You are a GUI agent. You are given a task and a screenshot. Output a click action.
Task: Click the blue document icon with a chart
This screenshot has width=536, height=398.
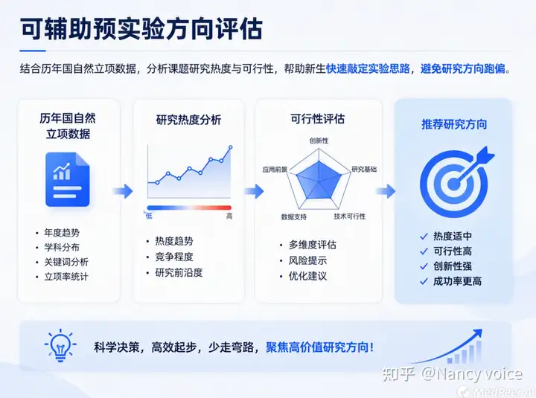(68, 180)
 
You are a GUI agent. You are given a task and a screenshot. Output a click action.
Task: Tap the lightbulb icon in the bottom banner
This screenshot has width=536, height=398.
(60, 345)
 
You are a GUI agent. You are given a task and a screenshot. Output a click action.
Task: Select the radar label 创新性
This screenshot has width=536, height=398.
(319, 141)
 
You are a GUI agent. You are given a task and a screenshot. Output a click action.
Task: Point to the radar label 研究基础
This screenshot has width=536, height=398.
(364, 169)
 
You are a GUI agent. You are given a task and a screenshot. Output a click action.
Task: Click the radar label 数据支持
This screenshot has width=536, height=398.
(293, 217)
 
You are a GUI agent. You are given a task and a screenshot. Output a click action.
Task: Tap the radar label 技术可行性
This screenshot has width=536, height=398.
(350, 216)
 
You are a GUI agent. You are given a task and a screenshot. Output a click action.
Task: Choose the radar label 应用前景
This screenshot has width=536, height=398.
(275, 170)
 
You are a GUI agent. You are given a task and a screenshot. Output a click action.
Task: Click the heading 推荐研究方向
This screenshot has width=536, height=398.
(454, 124)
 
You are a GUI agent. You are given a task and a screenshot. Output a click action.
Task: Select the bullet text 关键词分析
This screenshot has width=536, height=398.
(66, 262)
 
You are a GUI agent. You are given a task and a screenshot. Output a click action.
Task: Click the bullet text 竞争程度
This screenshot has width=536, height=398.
(174, 257)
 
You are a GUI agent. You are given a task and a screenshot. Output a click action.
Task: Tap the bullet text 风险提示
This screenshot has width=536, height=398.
(307, 260)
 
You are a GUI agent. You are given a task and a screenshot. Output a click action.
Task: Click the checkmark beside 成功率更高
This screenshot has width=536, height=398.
(424, 281)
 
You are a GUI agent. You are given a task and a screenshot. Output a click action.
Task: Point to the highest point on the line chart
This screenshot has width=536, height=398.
(231, 147)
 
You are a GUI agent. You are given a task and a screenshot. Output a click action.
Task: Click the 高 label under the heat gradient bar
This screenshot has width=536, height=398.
(229, 216)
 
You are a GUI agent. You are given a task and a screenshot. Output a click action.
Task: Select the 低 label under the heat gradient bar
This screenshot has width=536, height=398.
(149, 216)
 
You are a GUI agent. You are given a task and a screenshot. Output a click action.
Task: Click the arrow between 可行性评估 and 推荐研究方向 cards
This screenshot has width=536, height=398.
(386, 191)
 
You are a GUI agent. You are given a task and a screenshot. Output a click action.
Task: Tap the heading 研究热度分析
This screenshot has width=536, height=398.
(188, 120)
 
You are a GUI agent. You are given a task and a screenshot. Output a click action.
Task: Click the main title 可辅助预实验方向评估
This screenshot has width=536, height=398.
(141, 29)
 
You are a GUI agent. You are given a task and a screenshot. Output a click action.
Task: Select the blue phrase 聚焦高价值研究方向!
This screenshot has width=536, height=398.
(319, 347)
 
